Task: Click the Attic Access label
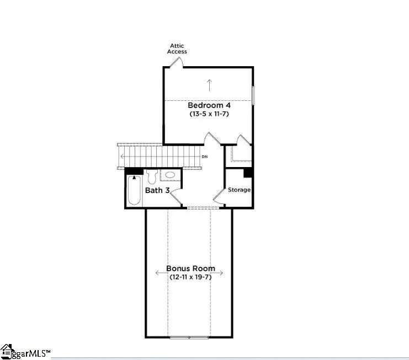pos(178,49)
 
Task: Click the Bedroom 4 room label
pos(209,105)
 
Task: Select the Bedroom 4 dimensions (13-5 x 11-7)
pos(209,114)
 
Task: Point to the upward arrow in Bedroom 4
pos(209,85)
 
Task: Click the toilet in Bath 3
pos(152,178)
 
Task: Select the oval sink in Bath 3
pos(170,175)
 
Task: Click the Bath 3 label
pos(157,191)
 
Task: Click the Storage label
pos(240,190)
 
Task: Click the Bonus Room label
pos(191,268)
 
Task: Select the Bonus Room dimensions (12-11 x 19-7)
pos(191,277)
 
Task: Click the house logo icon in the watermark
pos(7,351)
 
